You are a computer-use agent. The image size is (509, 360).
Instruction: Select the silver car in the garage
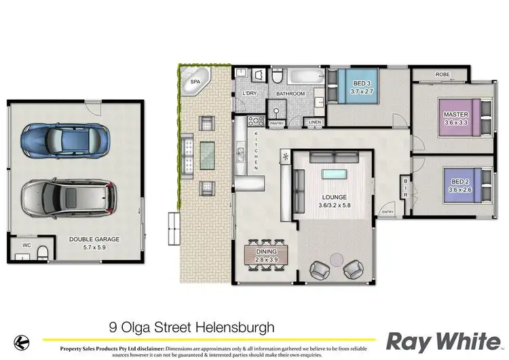coord(67,198)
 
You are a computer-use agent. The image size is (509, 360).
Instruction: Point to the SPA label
coord(195,82)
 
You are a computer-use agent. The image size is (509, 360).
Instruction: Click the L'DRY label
coord(248,93)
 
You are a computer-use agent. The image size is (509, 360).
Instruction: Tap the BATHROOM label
coord(290,93)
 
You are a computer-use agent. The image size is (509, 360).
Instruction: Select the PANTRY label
coord(277,123)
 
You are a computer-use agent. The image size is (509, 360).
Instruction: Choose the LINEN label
coord(314,122)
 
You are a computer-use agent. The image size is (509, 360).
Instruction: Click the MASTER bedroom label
coord(453,114)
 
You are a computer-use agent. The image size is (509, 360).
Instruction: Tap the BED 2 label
coord(459,181)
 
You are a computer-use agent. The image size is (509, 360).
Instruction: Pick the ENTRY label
coord(388,213)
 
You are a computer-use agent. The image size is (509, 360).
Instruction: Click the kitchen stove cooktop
coord(257,122)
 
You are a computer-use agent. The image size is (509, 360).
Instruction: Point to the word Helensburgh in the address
coord(235,327)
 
